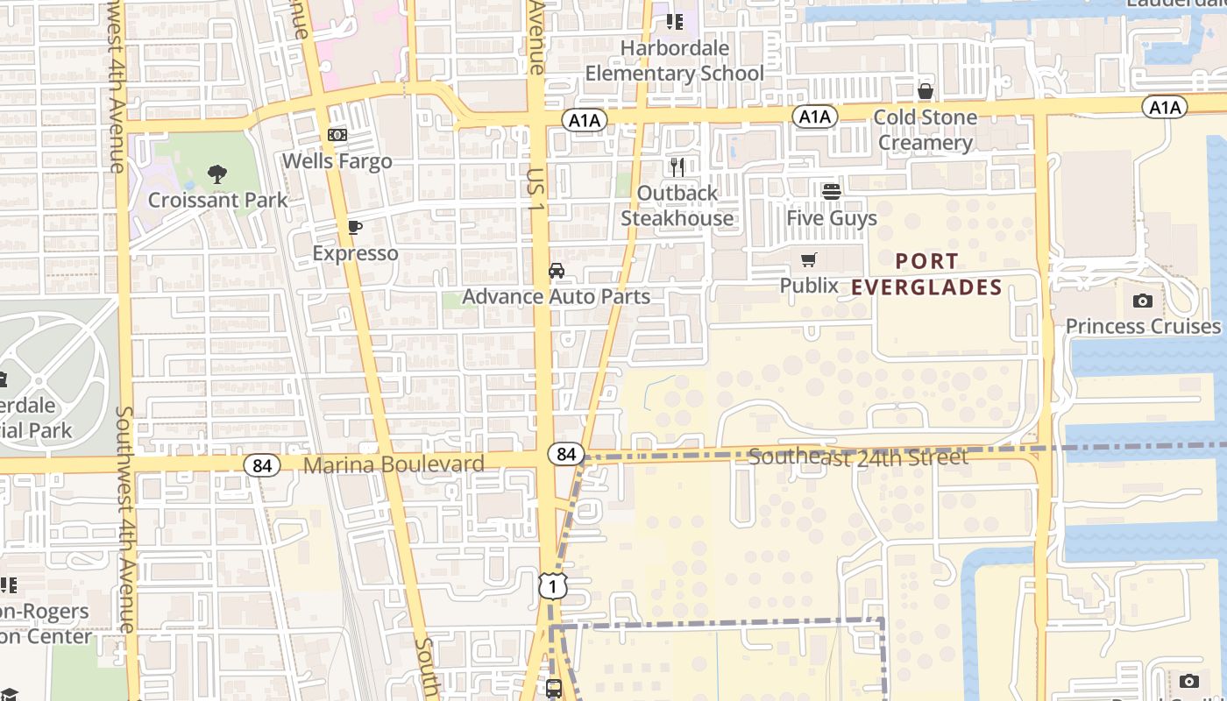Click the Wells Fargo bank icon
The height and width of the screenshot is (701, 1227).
pos(337,135)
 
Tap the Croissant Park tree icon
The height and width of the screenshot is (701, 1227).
pos(217,174)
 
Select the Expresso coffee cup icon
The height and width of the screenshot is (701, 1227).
pos(354,228)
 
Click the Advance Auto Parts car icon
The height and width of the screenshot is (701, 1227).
pos(557,271)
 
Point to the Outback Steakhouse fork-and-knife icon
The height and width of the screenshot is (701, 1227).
pos(677,166)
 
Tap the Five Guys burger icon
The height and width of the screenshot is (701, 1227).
pos(831,191)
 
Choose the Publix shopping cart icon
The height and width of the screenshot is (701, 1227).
pos(808,259)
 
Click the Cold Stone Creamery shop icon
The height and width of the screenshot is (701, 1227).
pos(925,91)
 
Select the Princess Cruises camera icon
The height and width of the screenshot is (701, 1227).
pos(1142,301)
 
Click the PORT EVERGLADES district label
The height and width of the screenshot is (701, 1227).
pos(926,274)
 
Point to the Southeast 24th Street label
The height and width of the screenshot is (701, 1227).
pos(858,457)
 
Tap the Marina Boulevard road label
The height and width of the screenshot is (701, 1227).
pos(394,464)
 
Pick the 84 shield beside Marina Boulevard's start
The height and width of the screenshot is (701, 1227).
pos(261,465)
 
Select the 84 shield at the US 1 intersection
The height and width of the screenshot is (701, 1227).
pos(566,454)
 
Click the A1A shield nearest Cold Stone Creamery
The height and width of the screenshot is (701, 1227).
pos(814,117)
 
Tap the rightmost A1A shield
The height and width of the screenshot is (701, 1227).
pos(1164,107)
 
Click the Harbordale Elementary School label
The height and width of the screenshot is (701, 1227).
pos(674,60)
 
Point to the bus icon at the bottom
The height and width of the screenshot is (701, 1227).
pos(554,689)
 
